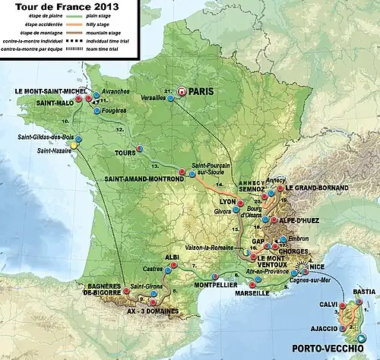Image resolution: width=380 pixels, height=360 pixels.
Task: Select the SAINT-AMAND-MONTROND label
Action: tap(138, 179)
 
